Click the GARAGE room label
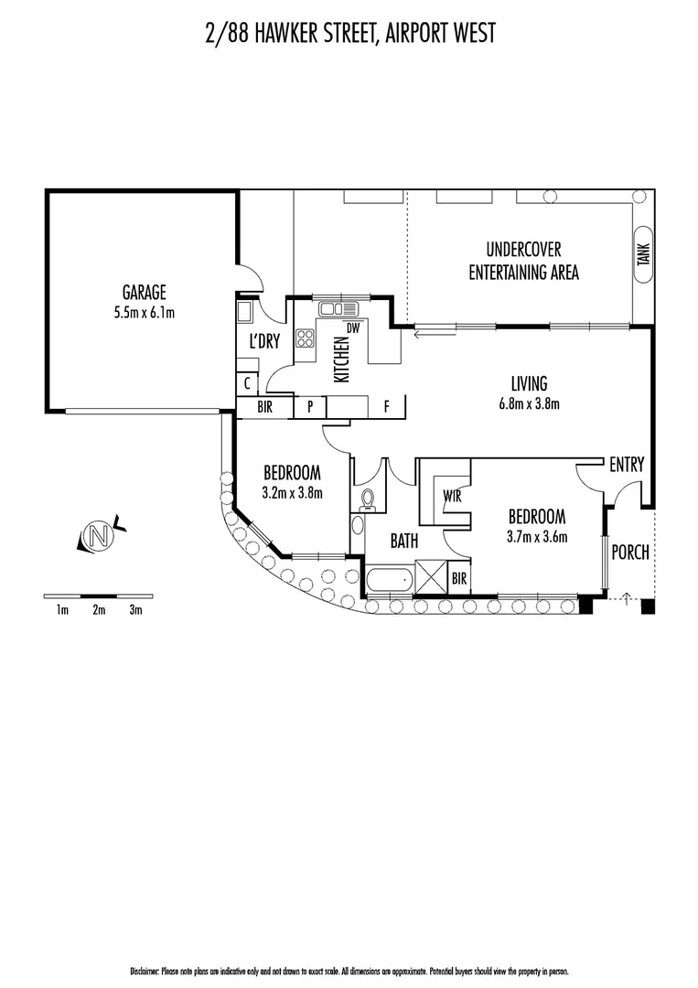point(144,293)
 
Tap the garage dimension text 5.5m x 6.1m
point(144,312)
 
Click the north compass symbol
point(99,536)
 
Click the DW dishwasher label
point(352,328)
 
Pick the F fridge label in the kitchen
point(386,405)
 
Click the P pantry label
point(311,406)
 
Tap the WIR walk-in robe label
point(451,495)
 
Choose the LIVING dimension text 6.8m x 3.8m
point(529,403)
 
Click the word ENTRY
point(628,465)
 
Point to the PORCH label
point(630,553)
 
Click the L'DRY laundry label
point(264,342)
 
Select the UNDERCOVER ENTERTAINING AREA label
point(523,261)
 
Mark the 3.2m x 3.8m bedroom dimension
point(292,492)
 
